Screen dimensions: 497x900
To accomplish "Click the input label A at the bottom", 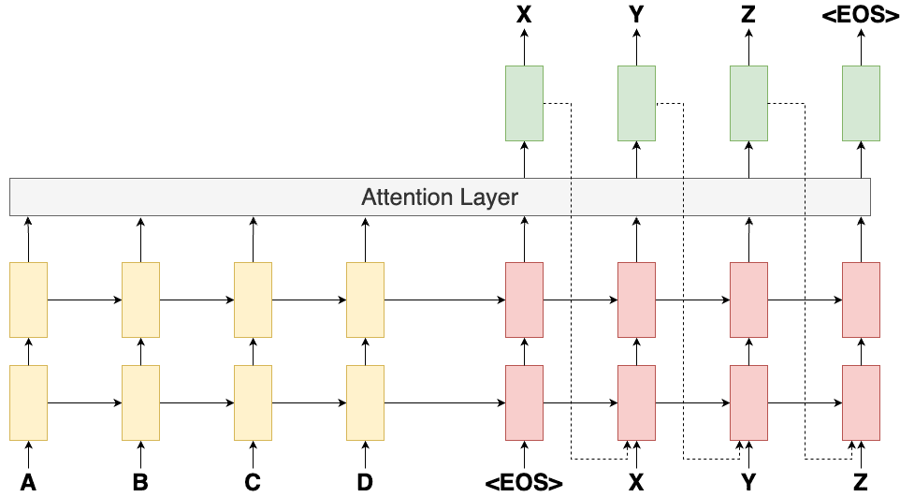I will tap(28, 483).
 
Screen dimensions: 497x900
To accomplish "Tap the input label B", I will tap(140, 483).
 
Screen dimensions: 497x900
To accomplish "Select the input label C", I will tap(253, 483).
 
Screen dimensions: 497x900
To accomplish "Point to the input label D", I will tap(365, 483).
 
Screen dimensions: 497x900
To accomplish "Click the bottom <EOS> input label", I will tap(524, 483).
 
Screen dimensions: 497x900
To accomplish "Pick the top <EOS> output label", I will tap(861, 15).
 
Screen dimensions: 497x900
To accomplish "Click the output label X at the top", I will tap(524, 15).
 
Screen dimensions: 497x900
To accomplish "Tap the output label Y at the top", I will tap(636, 15).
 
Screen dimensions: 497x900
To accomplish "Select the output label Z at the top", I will tap(748, 15).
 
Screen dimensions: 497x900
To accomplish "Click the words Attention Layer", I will tap(440, 197).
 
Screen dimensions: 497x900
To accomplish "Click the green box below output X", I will tap(524, 103).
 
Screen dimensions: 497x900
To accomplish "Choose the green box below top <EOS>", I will tap(861, 103).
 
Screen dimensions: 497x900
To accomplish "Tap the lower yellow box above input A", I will tap(28, 402).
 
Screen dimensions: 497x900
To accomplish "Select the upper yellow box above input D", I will tap(365, 300).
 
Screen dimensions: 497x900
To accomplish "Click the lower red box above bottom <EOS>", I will tap(524, 402).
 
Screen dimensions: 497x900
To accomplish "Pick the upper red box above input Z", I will tap(861, 300).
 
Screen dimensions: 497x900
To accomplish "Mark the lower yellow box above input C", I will tap(253, 402).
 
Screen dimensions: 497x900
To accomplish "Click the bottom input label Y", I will tap(748, 483).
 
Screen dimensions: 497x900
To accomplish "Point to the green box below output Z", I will tap(748, 103).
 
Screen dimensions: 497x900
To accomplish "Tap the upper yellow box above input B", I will tap(140, 300).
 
